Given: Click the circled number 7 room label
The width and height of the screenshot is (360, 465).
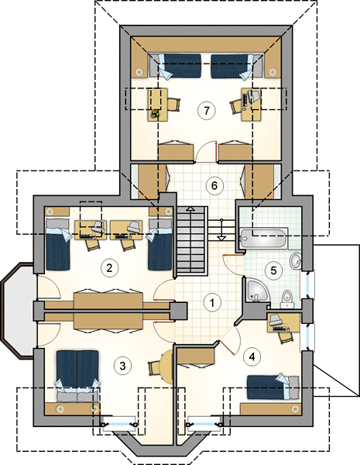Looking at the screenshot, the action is pyautogui.click(x=207, y=110).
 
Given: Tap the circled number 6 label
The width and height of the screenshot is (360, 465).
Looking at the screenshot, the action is pyautogui.click(x=214, y=186).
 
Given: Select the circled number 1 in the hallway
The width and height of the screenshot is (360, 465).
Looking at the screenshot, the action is pyautogui.click(x=212, y=302).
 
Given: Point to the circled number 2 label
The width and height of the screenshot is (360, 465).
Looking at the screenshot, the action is pyautogui.click(x=109, y=268).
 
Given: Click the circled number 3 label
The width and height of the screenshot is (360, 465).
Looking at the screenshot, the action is pyautogui.click(x=122, y=366).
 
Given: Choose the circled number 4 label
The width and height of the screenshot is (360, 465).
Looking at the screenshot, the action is pyautogui.click(x=252, y=356).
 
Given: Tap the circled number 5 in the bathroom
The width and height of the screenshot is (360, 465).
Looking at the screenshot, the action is pyautogui.click(x=273, y=270).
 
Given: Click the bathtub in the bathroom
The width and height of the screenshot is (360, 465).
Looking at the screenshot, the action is pyautogui.click(x=263, y=238).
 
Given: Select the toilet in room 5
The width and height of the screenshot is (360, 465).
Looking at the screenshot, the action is pyautogui.click(x=286, y=299).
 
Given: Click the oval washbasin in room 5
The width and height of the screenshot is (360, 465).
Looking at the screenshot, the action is pyautogui.click(x=296, y=261).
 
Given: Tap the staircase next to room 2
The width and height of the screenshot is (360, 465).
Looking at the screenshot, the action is pyautogui.click(x=191, y=241).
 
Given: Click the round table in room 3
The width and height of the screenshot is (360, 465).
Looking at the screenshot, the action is pyautogui.click(x=166, y=367).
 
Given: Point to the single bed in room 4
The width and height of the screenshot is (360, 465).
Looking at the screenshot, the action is pyautogui.click(x=273, y=387).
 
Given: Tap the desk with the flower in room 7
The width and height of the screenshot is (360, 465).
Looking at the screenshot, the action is pyautogui.click(x=158, y=105).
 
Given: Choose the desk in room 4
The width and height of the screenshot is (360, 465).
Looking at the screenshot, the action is pyautogui.click(x=283, y=323).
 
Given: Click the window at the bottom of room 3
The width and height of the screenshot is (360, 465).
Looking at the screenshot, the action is pyautogui.click(x=118, y=423).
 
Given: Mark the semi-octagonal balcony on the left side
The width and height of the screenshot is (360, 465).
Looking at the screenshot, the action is pyautogui.click(x=19, y=311).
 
